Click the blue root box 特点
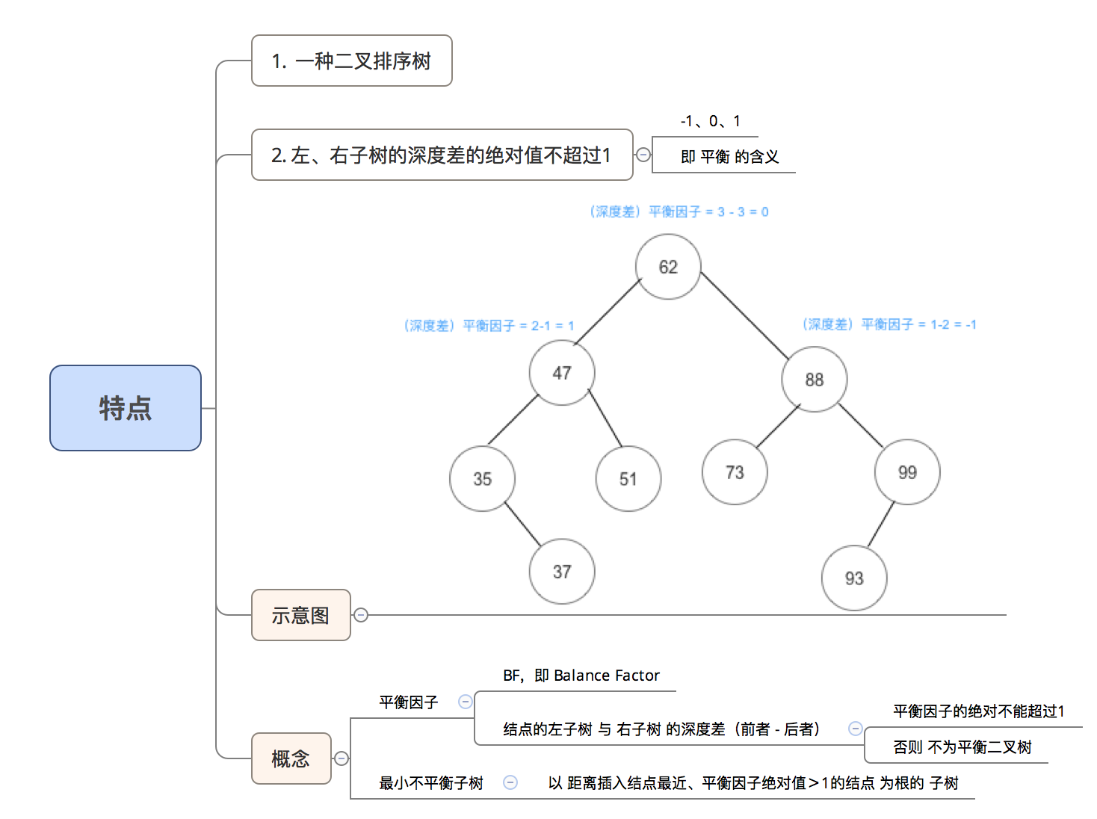coord(126,408)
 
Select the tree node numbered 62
coord(668,267)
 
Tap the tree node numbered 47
coord(562,373)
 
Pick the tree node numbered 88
coord(814,380)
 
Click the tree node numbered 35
coord(482,479)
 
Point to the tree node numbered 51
coord(628,479)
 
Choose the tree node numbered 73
coord(735,472)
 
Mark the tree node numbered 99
coord(907,472)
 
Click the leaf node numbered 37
coord(562,572)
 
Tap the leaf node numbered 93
coord(854,578)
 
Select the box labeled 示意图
coord(300,615)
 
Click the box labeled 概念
coord(291,758)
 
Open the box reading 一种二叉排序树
coord(351,61)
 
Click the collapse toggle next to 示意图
coord(361,615)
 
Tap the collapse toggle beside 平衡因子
coord(465,702)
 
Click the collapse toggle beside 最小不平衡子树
coord(510,782)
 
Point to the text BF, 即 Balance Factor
coord(581,676)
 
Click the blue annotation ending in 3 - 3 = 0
coord(679,211)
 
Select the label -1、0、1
coord(711,121)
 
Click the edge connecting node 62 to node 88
coord(744,316)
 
